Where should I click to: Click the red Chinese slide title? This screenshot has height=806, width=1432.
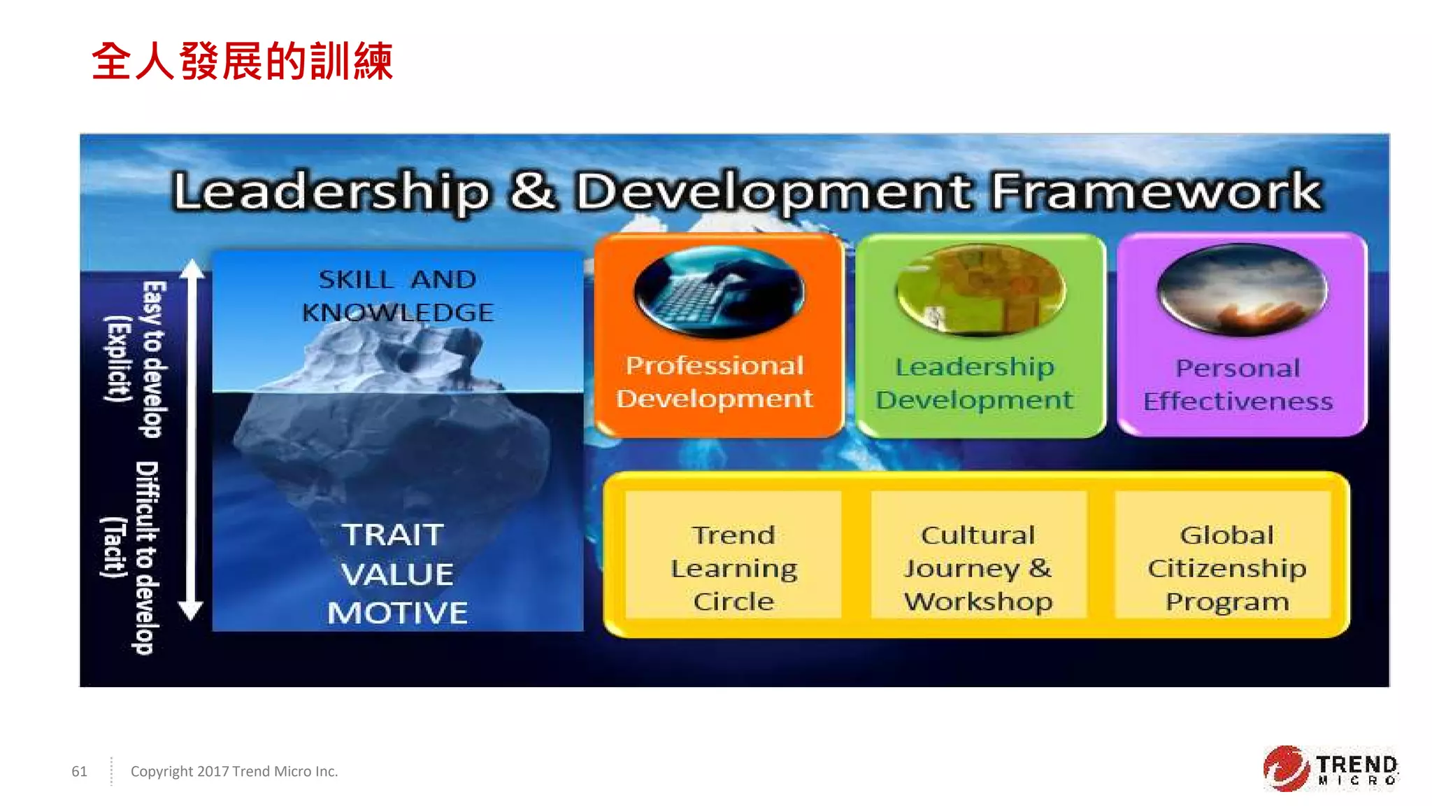tap(242, 62)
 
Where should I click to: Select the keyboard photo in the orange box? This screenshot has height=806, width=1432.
tap(719, 291)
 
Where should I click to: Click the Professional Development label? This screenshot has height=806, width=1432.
tap(715, 382)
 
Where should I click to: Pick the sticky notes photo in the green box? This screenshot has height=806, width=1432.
tap(980, 290)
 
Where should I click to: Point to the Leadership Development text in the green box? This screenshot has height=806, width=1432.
tap(975, 383)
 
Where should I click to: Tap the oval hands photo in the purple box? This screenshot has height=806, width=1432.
tap(1242, 288)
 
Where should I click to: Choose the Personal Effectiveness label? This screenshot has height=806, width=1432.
tap(1238, 385)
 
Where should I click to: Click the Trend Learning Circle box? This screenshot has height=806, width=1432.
tap(733, 567)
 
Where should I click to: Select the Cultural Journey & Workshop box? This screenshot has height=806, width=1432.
tap(978, 567)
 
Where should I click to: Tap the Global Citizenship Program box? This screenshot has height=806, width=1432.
tap(1226, 567)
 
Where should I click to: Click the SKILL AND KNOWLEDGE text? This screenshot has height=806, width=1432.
tap(397, 295)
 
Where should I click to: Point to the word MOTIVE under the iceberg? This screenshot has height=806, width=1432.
tap(397, 613)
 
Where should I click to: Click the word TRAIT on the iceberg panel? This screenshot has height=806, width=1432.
tap(393, 535)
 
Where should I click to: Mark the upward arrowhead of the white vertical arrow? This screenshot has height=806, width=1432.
tap(192, 269)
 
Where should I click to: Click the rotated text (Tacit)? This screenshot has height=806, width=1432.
tap(114, 547)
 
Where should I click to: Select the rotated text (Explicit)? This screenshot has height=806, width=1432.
tap(117, 358)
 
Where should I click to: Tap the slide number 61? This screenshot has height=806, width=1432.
tap(79, 771)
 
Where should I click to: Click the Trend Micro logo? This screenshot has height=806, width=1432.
tap(1330, 769)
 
